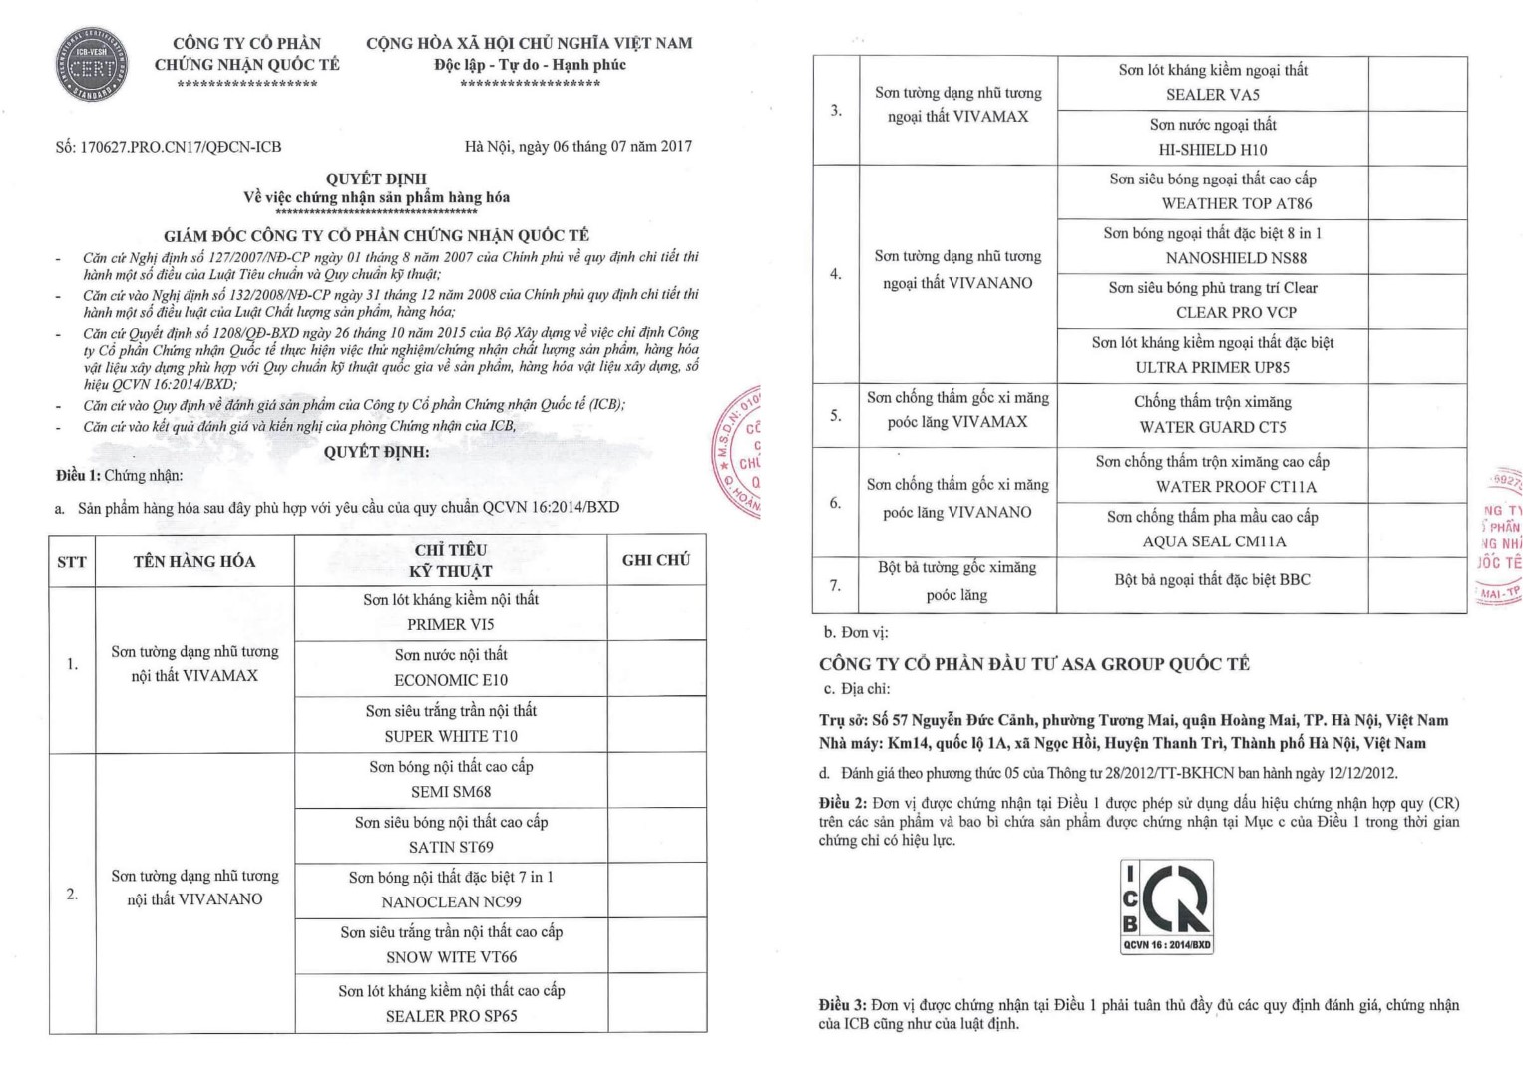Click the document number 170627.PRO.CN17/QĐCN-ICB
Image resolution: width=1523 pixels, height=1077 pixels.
tap(169, 147)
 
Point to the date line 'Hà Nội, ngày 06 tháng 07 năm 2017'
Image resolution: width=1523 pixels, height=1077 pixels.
tap(577, 146)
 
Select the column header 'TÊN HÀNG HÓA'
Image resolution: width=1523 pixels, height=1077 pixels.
tap(194, 561)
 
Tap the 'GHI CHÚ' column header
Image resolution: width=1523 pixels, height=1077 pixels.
tap(655, 560)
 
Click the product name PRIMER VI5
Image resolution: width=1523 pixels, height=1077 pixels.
tap(451, 625)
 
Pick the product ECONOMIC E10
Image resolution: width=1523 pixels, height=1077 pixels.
tap(451, 680)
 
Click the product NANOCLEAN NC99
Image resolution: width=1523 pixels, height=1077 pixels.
tap(451, 902)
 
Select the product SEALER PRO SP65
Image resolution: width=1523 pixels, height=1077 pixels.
tap(451, 1016)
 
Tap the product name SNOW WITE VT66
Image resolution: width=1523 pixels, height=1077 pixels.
tap(451, 957)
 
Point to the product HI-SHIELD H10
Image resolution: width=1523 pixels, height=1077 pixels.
tap(1212, 150)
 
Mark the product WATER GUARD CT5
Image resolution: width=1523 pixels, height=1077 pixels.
tap(1213, 427)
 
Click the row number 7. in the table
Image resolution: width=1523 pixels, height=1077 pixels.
tap(835, 585)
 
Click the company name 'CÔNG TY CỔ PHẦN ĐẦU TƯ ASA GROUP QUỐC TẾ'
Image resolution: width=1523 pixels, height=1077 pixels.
tap(1033, 664)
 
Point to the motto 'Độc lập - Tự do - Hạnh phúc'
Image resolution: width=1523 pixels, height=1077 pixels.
tap(530, 65)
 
